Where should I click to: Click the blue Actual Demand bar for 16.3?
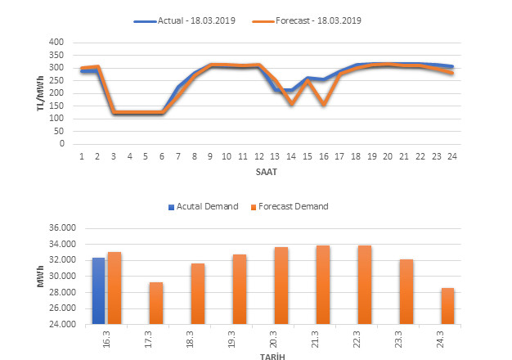(98, 291)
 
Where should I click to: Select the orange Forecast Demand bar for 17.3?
(155, 304)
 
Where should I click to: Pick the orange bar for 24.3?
(448, 306)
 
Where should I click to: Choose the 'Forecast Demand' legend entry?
(289, 206)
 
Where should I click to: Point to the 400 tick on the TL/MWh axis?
(56, 42)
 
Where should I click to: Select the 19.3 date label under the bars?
(240, 337)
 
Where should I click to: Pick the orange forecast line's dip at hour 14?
(291, 104)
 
